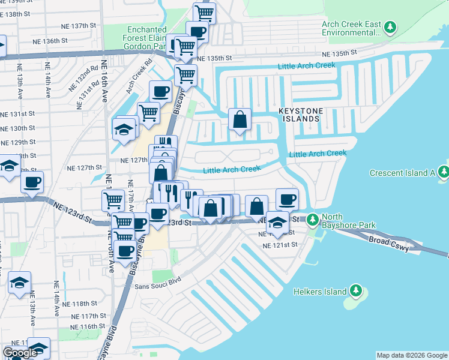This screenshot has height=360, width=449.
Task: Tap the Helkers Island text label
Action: coord(320,292)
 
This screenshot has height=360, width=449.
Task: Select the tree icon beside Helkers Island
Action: coord(356,291)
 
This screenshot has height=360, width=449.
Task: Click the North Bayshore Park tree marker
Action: coord(313,220)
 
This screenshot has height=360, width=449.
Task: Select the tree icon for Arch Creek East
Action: coord(390,27)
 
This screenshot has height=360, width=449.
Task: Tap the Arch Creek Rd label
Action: coord(137,80)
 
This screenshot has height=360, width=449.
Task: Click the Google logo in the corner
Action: coord(20,353)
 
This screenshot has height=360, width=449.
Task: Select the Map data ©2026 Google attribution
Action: coord(411,356)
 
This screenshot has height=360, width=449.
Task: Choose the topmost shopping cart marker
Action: coord(205,12)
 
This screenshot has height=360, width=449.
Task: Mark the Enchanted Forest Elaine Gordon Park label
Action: coord(146,37)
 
